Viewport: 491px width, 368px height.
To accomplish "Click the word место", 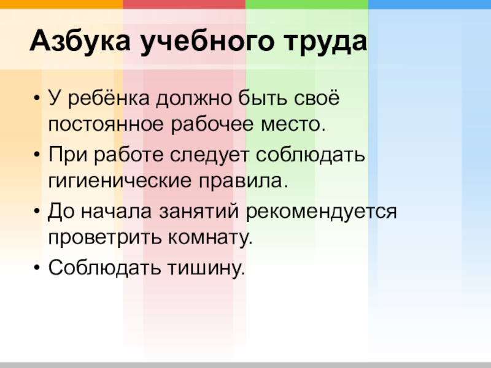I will tap(293, 125).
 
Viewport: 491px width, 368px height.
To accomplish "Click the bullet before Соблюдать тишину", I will tap(38, 268).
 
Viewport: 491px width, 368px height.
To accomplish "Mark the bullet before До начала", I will tap(38, 211).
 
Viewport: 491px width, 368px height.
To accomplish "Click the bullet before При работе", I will tap(38, 154).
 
